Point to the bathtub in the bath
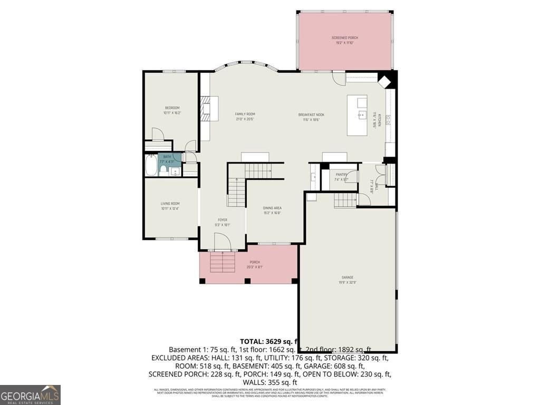pos(151,166)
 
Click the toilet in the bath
pos(163,169)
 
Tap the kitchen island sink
pos(362,114)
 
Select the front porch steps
pos(223,262)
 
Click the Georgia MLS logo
pos(30,394)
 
